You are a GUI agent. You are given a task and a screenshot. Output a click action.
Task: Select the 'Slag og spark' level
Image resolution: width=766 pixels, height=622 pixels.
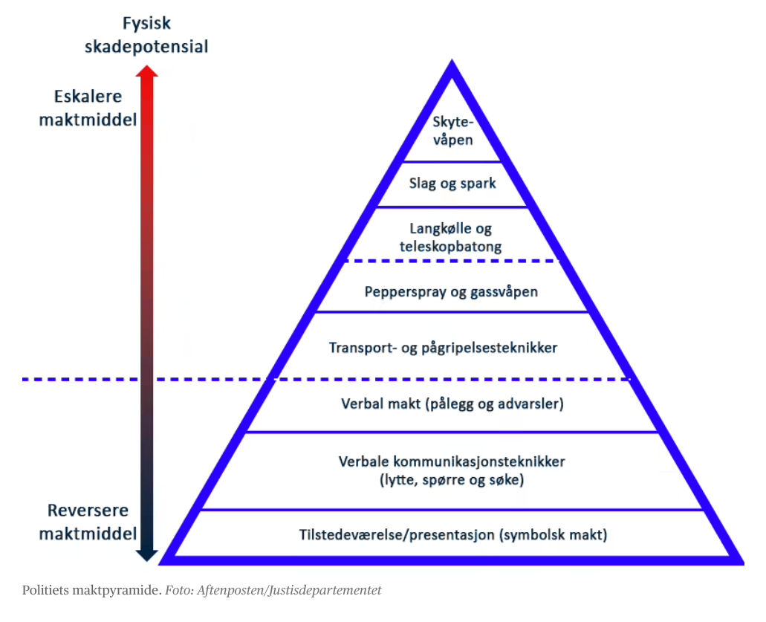coord(452,184)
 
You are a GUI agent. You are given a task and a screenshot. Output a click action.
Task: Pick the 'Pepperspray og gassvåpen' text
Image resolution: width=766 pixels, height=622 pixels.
coord(451,291)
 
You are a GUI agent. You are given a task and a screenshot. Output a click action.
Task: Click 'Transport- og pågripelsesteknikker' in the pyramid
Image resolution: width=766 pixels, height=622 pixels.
coord(443,347)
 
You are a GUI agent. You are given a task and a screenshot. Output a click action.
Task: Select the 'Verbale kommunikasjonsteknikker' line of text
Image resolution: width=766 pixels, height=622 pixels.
coord(451,461)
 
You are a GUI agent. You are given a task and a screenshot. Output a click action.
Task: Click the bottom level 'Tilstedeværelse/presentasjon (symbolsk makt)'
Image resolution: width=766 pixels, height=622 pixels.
coord(453,534)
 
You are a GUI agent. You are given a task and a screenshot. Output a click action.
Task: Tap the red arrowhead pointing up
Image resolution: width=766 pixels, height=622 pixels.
coord(146,72)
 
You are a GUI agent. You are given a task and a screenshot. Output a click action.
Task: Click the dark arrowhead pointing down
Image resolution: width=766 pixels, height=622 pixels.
coord(146,553)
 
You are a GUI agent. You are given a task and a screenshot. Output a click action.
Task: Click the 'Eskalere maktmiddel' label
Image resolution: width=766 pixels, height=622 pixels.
coord(88,108)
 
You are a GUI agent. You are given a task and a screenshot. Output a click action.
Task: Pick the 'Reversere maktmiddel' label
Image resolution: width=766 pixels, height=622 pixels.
coord(88,522)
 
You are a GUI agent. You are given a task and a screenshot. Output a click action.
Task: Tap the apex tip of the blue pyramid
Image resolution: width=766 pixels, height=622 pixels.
coord(452,64)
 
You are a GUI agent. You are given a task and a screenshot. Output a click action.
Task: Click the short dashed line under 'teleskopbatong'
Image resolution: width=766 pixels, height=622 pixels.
coord(452,260)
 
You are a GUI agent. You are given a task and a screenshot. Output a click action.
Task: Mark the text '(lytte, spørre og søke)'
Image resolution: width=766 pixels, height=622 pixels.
coord(451,480)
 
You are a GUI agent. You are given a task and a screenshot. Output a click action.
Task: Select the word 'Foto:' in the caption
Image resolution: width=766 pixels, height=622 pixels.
coord(180,591)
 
